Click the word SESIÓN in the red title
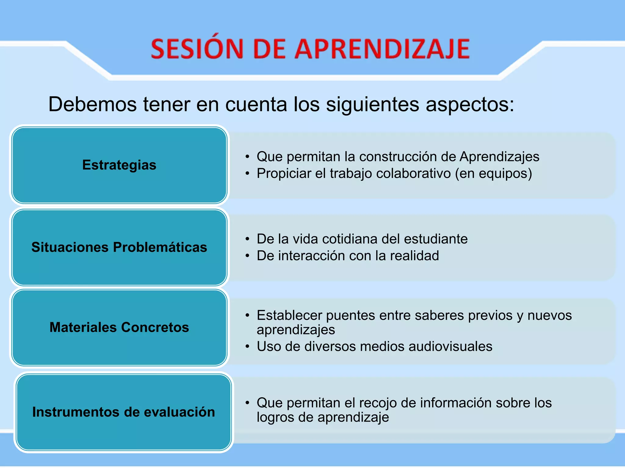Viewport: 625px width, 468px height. click(197, 49)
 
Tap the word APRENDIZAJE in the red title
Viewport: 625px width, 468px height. click(382, 49)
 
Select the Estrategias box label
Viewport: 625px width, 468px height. click(119, 165)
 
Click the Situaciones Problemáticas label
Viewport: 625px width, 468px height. click(119, 247)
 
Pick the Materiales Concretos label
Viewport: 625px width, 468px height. click(119, 327)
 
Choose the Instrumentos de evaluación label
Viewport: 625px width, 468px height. click(124, 412)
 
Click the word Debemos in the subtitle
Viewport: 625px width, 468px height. click(92, 104)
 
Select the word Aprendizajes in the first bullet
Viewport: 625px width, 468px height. click(499, 157)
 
